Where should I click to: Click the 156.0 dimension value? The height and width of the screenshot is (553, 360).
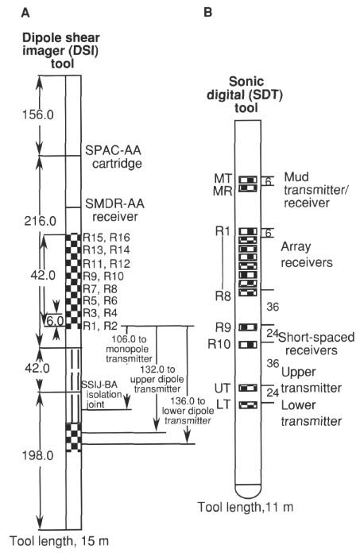[x=38, y=114]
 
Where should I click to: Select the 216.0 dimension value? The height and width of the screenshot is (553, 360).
[x=40, y=221]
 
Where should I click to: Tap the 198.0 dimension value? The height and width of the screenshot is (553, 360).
[x=37, y=455]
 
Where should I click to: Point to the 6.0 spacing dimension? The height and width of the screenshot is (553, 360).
[x=55, y=321]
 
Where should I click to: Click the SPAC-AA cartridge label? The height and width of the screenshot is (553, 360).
[x=114, y=157]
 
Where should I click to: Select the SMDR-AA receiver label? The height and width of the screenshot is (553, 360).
[x=115, y=210]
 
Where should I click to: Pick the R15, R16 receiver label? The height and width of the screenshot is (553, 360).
[x=106, y=238]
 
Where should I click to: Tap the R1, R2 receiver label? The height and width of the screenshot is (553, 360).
[x=100, y=326]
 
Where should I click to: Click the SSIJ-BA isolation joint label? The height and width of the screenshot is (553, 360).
[x=102, y=394]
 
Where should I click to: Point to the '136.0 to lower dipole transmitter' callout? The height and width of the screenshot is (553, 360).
[x=188, y=411]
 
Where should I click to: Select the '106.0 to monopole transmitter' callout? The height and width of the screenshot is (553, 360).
[x=129, y=349]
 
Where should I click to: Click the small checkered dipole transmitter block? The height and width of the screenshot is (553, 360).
[x=74, y=437]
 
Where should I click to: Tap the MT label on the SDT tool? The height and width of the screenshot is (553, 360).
[x=223, y=178]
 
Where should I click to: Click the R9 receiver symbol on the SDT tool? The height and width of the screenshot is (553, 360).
[x=248, y=327]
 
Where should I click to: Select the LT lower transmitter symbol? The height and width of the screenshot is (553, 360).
[x=248, y=405]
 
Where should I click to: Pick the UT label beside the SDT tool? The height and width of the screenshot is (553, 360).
[x=223, y=389]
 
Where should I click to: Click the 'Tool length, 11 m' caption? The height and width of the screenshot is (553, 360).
[x=246, y=507]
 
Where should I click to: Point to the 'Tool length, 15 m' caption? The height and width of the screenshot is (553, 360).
[x=59, y=541]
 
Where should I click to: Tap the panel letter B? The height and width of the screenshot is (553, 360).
[x=208, y=13]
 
